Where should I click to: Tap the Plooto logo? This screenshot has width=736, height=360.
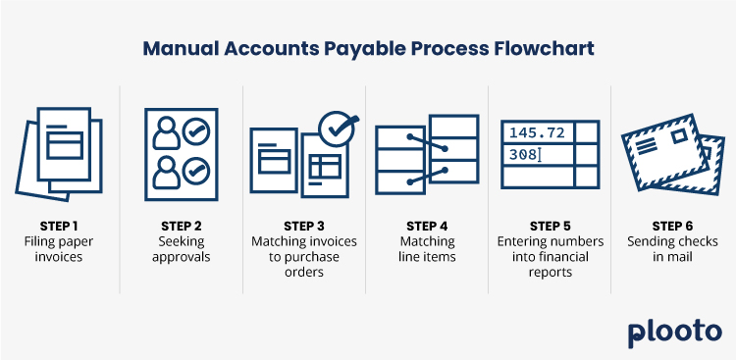tap(674, 332)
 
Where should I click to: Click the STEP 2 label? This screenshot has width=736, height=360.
tap(182, 225)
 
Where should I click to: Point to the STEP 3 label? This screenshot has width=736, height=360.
tap(304, 225)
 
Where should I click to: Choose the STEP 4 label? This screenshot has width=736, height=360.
tap(427, 225)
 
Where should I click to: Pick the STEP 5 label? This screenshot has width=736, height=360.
tap(550, 225)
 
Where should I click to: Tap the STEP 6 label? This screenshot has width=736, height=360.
tap(672, 225)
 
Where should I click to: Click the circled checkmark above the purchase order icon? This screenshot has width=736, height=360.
tap(339, 127)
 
